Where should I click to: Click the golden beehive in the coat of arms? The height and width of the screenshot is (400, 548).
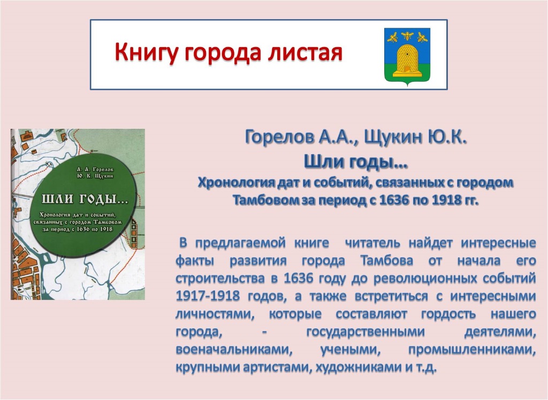pyautogui.click(x=407, y=60)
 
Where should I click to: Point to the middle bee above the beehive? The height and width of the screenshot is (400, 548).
pyautogui.click(x=407, y=35)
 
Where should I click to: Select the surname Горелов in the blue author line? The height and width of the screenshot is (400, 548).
pyautogui.click(x=279, y=137)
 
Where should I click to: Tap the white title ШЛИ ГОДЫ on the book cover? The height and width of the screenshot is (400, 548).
pyautogui.click(x=85, y=199)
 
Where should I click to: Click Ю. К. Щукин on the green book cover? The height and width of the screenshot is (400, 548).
pyautogui.click(x=95, y=176)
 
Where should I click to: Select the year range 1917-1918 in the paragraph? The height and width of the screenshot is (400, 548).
pyautogui.click(x=208, y=296)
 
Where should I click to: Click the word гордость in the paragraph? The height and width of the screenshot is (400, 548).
pyautogui.click(x=448, y=314)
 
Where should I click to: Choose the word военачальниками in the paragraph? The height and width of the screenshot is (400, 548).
pyautogui.click(x=234, y=350)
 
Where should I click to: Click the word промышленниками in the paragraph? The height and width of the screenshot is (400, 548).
pyautogui.click(x=472, y=350)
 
